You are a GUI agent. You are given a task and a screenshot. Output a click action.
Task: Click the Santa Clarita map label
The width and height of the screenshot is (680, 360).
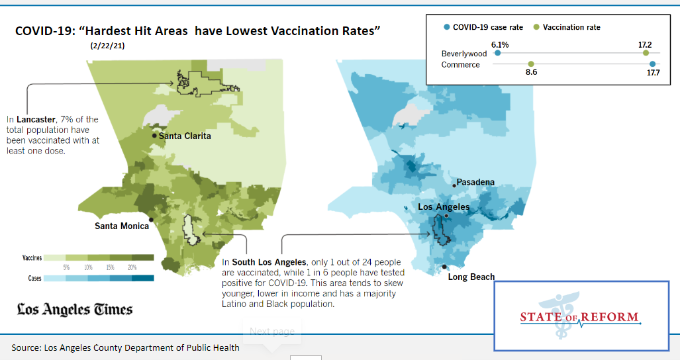coord(185,136)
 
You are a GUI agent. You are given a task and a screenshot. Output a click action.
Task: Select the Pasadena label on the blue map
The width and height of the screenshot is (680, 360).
coord(475,182)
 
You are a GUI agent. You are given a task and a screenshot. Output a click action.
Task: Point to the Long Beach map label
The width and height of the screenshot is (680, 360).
coord(471,277)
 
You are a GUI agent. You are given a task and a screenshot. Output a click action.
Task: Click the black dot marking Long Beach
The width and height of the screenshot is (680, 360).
coord(444,267)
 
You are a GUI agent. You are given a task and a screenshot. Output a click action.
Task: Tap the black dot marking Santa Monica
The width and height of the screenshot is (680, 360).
coord(152,219)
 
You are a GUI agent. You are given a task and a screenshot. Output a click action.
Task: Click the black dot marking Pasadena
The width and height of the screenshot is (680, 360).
coord(454,186)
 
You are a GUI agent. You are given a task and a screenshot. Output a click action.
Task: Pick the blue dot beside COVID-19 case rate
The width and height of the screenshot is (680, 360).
coord(447,27)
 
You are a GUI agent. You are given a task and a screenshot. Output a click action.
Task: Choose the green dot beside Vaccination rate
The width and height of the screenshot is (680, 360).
coord(536,27)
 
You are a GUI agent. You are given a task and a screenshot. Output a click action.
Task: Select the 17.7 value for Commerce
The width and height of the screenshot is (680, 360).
coord(653,72)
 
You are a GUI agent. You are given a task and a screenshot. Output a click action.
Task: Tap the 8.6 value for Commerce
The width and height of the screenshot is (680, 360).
coord(530,72)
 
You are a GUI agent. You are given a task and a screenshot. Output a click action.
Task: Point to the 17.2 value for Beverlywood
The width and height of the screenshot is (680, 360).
coord(645,44)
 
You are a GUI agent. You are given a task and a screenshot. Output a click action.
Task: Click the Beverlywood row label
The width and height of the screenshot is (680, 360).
coord(464,54)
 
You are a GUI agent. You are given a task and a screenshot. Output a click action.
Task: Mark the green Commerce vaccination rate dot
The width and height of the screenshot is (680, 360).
coord(530,64)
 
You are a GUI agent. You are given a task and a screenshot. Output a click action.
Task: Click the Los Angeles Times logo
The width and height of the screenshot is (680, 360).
coord(74,309)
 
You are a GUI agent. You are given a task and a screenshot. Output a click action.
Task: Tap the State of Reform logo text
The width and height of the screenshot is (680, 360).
coord(579,317)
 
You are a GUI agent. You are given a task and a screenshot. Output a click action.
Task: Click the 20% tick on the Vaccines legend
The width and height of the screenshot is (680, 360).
coord(132,267)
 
